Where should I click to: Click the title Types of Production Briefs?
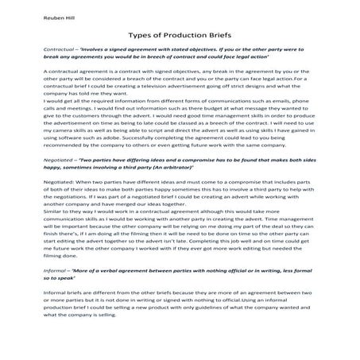(180, 36)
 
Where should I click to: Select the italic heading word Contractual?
(37, 49)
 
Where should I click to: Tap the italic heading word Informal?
(34, 251)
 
